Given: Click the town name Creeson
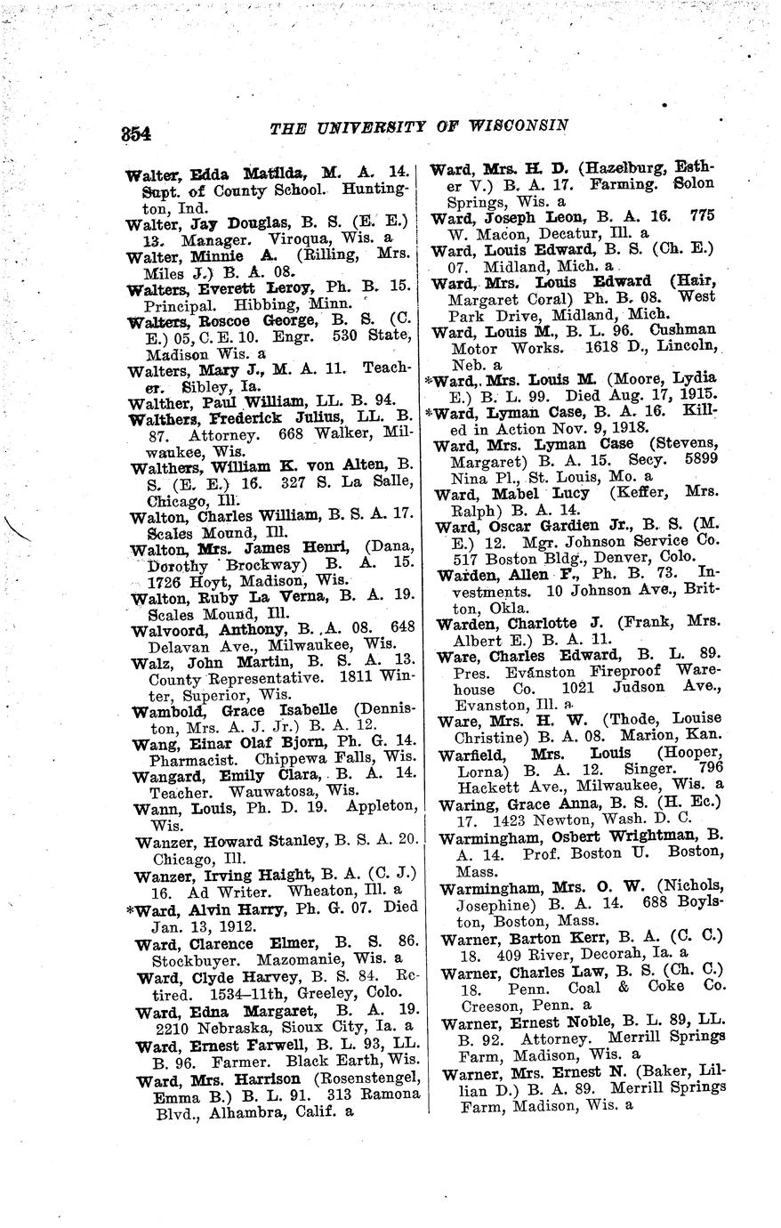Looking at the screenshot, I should [488, 1006].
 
